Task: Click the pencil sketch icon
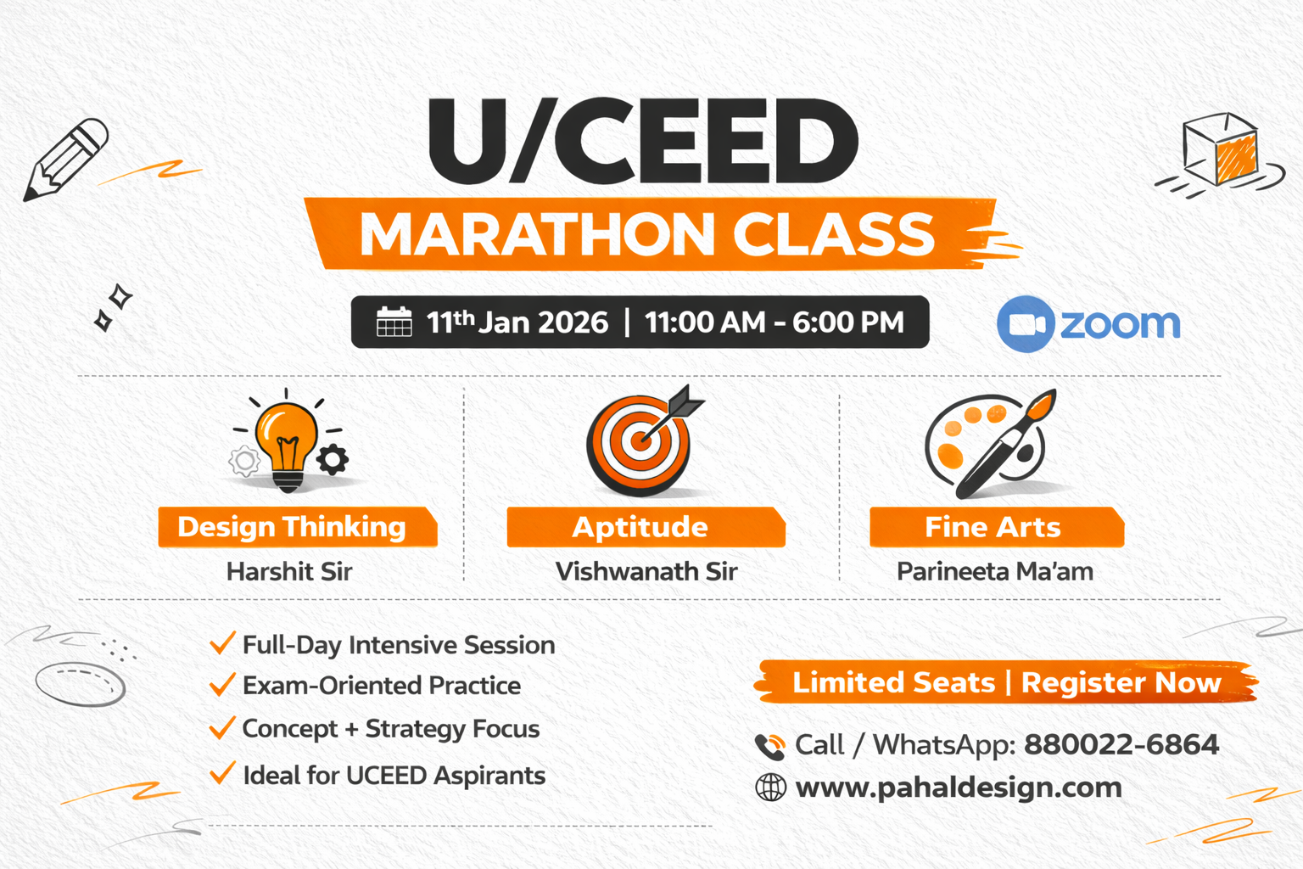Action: point(65,160)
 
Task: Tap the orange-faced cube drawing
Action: point(1221,150)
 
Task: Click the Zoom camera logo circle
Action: point(1026,324)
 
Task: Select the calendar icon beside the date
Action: point(394,322)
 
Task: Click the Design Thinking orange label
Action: point(297,527)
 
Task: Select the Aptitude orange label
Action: point(646,527)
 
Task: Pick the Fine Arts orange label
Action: point(997,527)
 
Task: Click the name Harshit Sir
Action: point(289,572)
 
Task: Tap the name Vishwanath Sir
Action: point(646,572)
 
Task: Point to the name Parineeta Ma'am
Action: point(995,572)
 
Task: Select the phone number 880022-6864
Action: point(1121,744)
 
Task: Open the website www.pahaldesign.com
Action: point(959,788)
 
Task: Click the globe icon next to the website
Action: point(770,788)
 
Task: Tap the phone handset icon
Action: point(769,747)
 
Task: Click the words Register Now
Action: point(1121,683)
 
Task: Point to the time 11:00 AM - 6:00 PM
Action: point(775,322)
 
